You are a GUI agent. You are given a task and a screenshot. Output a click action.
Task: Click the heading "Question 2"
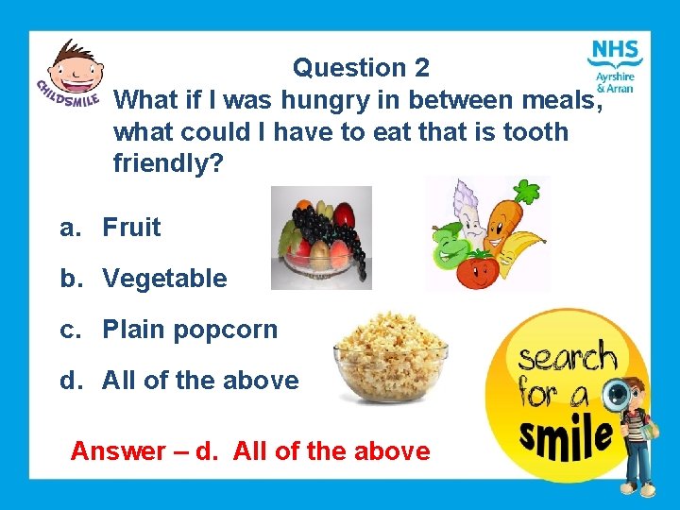click(361, 68)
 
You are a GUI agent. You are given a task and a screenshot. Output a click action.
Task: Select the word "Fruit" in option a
click(131, 228)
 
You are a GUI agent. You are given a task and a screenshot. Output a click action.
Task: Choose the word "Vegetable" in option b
click(164, 279)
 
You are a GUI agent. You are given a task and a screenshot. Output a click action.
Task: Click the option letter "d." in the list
click(70, 382)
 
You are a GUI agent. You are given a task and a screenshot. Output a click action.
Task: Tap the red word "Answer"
click(118, 451)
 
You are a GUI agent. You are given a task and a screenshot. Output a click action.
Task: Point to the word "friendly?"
click(168, 164)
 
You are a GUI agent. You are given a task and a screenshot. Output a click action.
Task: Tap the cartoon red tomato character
click(479, 270)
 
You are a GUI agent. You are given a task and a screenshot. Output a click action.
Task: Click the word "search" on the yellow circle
click(568, 360)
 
